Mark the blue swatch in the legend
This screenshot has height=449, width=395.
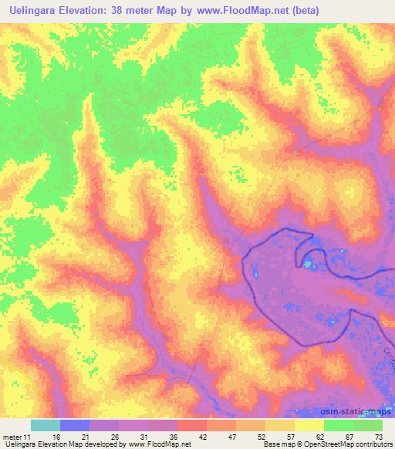74,425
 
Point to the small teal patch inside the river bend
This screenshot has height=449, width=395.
309,265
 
